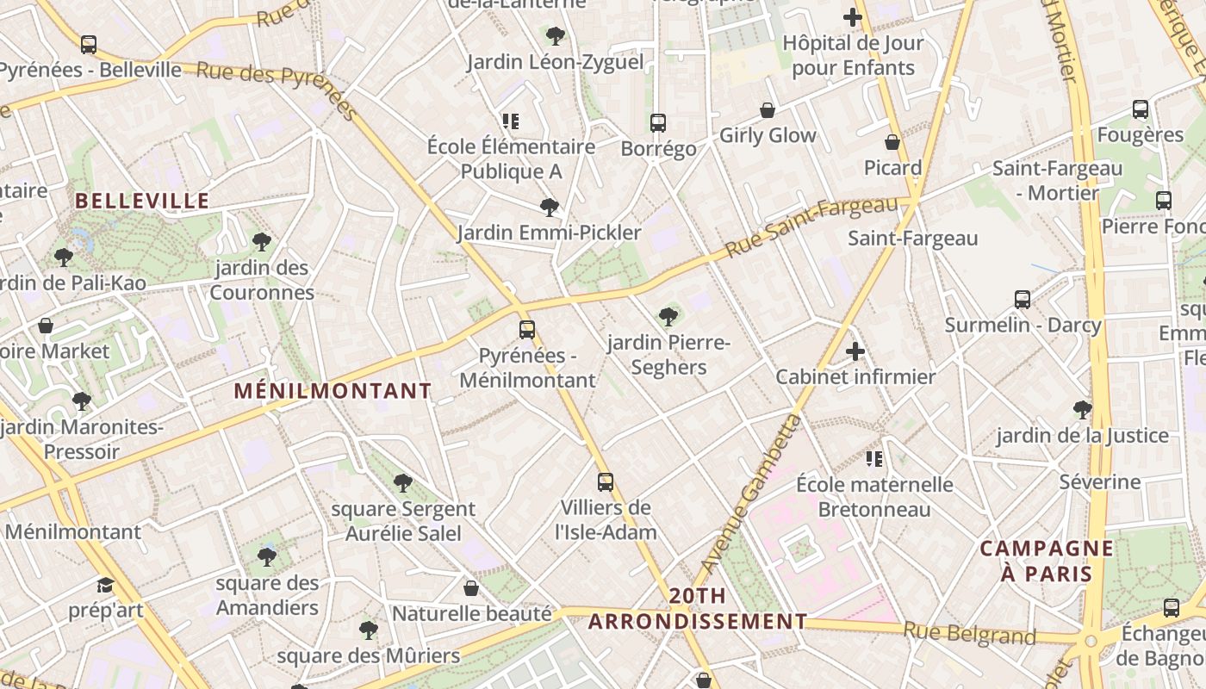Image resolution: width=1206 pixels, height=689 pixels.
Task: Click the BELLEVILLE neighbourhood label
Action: tap(142, 202)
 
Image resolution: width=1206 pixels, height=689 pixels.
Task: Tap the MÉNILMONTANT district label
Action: tap(333, 391)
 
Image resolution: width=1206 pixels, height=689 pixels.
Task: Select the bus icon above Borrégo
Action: tap(658, 123)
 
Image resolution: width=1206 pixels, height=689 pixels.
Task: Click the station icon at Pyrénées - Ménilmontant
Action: tap(526, 330)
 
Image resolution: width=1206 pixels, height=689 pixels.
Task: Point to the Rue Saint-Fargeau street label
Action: tap(811, 227)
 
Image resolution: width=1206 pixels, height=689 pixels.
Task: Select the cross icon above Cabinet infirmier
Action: tap(855, 351)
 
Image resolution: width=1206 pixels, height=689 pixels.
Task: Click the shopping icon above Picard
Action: tap(892, 142)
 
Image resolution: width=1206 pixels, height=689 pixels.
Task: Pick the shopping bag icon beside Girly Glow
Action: tap(767, 110)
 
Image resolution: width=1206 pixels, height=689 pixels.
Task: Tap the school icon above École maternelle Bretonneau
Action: tap(874, 459)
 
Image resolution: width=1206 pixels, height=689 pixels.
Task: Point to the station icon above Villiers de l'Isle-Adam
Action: tap(606, 482)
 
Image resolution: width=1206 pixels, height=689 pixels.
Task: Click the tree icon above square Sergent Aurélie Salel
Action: tap(402, 483)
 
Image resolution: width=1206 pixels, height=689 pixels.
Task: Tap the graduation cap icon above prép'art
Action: tap(105, 586)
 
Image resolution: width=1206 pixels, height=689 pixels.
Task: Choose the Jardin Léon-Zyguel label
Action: tap(555, 62)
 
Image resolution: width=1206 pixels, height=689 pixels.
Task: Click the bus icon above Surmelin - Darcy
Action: tap(1023, 300)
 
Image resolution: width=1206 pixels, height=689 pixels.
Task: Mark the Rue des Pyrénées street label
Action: tap(276, 86)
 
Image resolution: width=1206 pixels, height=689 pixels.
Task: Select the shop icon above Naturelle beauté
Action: tap(471, 588)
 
